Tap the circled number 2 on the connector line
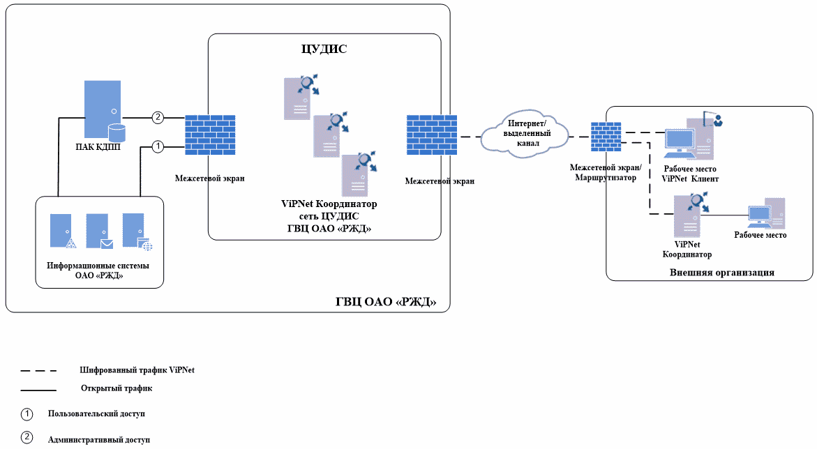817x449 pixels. coord(158,117)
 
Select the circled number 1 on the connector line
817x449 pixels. coord(158,146)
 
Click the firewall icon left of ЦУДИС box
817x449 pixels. coord(209,135)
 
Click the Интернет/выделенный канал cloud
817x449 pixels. coord(524,133)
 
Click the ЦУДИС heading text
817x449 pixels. coord(324,50)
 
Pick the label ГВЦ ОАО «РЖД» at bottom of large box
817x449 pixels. coord(385,302)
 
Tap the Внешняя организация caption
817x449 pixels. coord(722,273)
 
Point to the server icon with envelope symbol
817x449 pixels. coord(99,231)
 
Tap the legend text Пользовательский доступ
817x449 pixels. coord(96,413)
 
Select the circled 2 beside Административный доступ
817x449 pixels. coord(27,439)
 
